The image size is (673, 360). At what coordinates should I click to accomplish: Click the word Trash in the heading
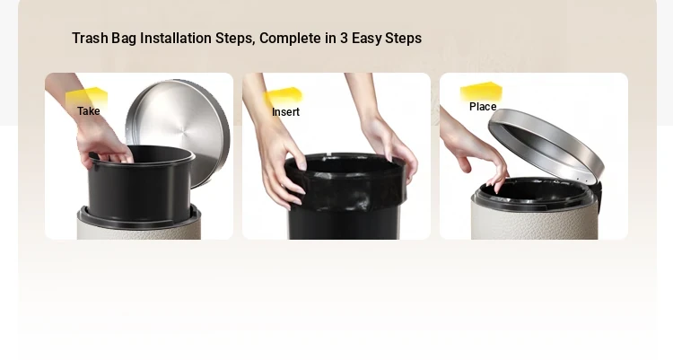click(x=90, y=39)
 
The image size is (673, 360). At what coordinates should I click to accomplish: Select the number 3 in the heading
click(x=344, y=39)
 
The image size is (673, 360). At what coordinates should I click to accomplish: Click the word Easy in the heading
click(x=366, y=39)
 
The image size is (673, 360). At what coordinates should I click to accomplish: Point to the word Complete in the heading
click(x=291, y=39)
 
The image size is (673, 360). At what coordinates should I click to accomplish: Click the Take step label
click(x=89, y=110)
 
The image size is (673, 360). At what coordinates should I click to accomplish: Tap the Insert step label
click(x=285, y=111)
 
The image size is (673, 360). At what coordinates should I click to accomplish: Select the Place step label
click(x=483, y=107)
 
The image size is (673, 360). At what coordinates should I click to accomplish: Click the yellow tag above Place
click(x=481, y=92)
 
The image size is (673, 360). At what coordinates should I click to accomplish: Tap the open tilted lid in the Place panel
click(x=546, y=144)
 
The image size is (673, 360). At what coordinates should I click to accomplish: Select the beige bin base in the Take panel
click(x=138, y=225)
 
